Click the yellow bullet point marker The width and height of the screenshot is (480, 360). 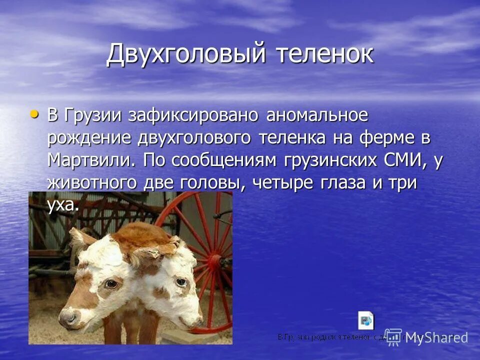(34, 114)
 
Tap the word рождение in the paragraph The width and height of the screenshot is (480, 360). (89, 138)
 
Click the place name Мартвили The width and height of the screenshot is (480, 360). (91, 160)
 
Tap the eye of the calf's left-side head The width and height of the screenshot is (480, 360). (111, 284)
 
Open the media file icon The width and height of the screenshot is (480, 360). (365, 320)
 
